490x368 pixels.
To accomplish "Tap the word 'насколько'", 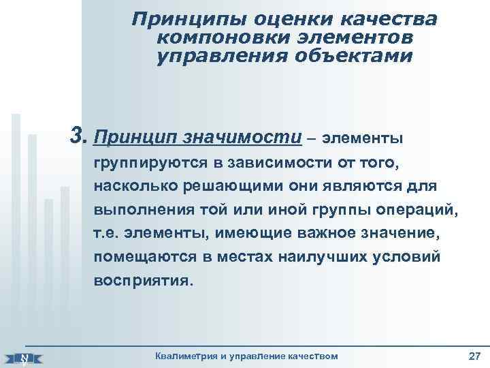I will tap(127, 187).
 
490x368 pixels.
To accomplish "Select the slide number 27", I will tap(474, 356).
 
